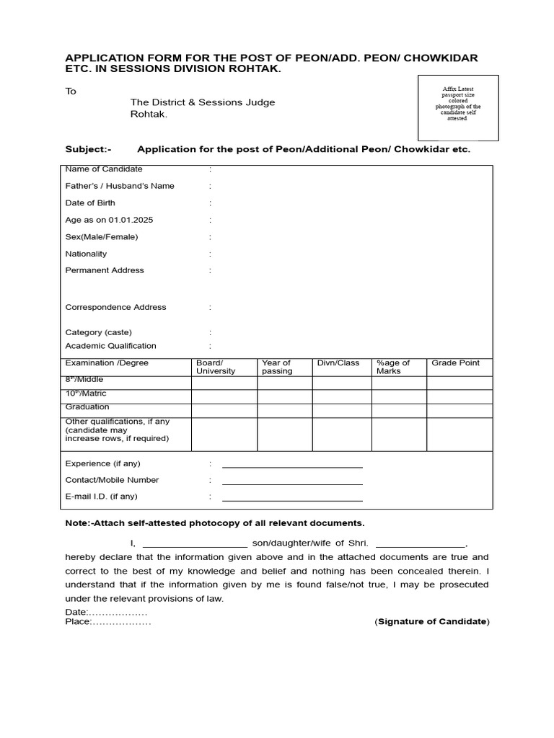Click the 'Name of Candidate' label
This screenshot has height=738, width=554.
[x=104, y=169]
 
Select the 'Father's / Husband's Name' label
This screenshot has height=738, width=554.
[x=120, y=186]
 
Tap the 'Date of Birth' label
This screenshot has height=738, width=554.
[x=90, y=203]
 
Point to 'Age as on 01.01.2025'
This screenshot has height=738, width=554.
[x=110, y=220]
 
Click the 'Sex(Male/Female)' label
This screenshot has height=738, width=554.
[x=102, y=237]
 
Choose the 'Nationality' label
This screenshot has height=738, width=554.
[x=86, y=254]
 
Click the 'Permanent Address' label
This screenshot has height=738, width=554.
[x=105, y=270]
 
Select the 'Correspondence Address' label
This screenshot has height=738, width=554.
[x=115, y=307]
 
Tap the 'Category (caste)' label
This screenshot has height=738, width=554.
[x=98, y=333]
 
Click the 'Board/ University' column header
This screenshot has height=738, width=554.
[x=216, y=367]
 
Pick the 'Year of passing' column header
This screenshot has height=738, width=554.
[x=277, y=367]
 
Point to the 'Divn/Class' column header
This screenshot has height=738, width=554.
[x=338, y=363]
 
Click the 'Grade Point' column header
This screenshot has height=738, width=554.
[x=455, y=363]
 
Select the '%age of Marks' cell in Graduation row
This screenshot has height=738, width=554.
[x=399, y=409]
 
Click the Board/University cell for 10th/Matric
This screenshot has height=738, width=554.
[x=224, y=396]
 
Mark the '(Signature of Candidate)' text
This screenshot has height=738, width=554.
[x=432, y=622]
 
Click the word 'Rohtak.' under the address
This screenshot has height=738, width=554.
[x=149, y=115]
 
